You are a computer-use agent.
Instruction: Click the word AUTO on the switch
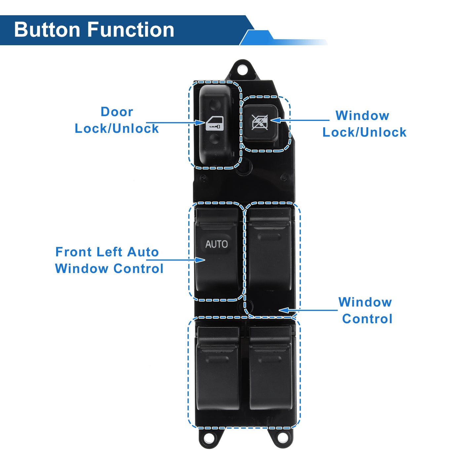tap(216, 244)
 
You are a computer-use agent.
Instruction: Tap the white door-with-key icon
tap(214, 123)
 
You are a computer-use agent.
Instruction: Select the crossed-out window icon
tap(259, 122)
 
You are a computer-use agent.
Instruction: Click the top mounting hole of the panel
tap(242, 69)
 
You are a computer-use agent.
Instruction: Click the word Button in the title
tap(47, 30)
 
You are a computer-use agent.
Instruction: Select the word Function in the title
tap(131, 30)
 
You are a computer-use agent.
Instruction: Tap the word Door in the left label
tap(117, 112)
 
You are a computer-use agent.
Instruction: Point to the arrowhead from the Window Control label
tap(284, 310)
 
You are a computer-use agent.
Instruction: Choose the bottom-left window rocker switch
tap(218, 368)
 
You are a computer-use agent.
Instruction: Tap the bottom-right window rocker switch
tap(271, 368)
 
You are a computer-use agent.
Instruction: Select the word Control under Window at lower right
tap(367, 319)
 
